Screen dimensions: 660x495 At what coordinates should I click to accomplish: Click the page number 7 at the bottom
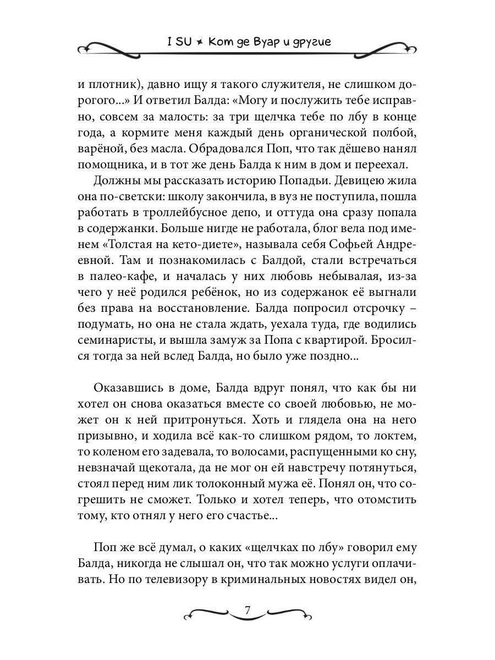coord(248,610)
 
